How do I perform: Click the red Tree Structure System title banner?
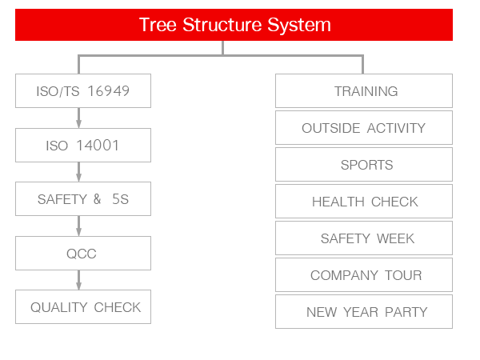click(234, 25)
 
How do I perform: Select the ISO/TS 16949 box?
click(83, 90)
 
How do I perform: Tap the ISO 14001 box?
click(83, 145)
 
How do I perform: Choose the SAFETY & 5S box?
click(83, 199)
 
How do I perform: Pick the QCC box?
click(83, 253)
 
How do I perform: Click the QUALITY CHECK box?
click(83, 306)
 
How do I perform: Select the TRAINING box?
click(364, 90)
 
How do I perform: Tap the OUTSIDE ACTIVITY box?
click(364, 128)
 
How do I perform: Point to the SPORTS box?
click(364, 164)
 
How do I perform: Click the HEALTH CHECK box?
click(364, 201)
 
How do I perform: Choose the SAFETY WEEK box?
click(364, 238)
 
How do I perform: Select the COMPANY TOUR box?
click(364, 275)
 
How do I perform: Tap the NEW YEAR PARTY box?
click(364, 312)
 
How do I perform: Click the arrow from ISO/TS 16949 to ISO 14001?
click(78, 118)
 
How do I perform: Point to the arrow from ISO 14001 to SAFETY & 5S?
click(78, 172)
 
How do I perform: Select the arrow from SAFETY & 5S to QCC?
click(78, 226)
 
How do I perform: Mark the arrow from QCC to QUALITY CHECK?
click(78, 280)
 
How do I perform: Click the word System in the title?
click(299, 25)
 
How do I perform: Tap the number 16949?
click(108, 91)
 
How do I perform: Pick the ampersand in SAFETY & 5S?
click(97, 199)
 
